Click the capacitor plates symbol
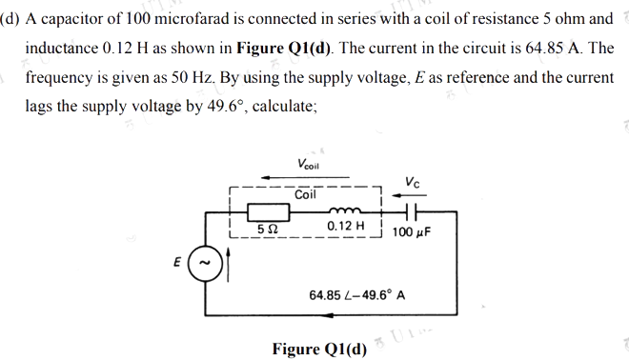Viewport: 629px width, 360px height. click(407, 210)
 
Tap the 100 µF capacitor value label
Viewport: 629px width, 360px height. click(410, 231)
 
